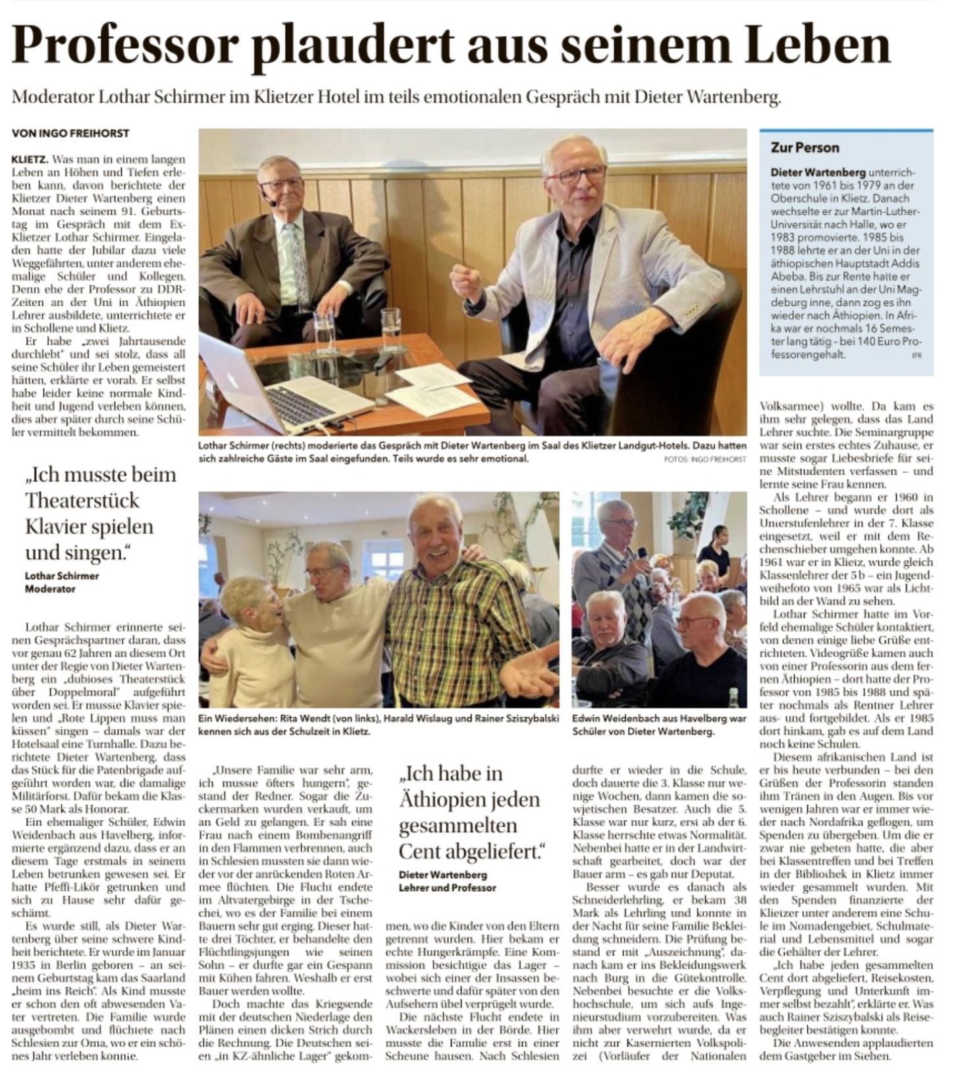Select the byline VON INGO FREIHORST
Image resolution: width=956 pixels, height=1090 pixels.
[x=70, y=133]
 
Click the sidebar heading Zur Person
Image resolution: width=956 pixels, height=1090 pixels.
[x=805, y=148]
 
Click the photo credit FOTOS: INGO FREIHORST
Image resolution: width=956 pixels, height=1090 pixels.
[x=705, y=458]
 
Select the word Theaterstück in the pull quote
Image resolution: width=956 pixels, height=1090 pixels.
[x=82, y=501]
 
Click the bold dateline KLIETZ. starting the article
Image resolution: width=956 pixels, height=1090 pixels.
[x=30, y=159]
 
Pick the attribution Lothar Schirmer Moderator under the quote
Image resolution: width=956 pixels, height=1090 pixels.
[x=62, y=582]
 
